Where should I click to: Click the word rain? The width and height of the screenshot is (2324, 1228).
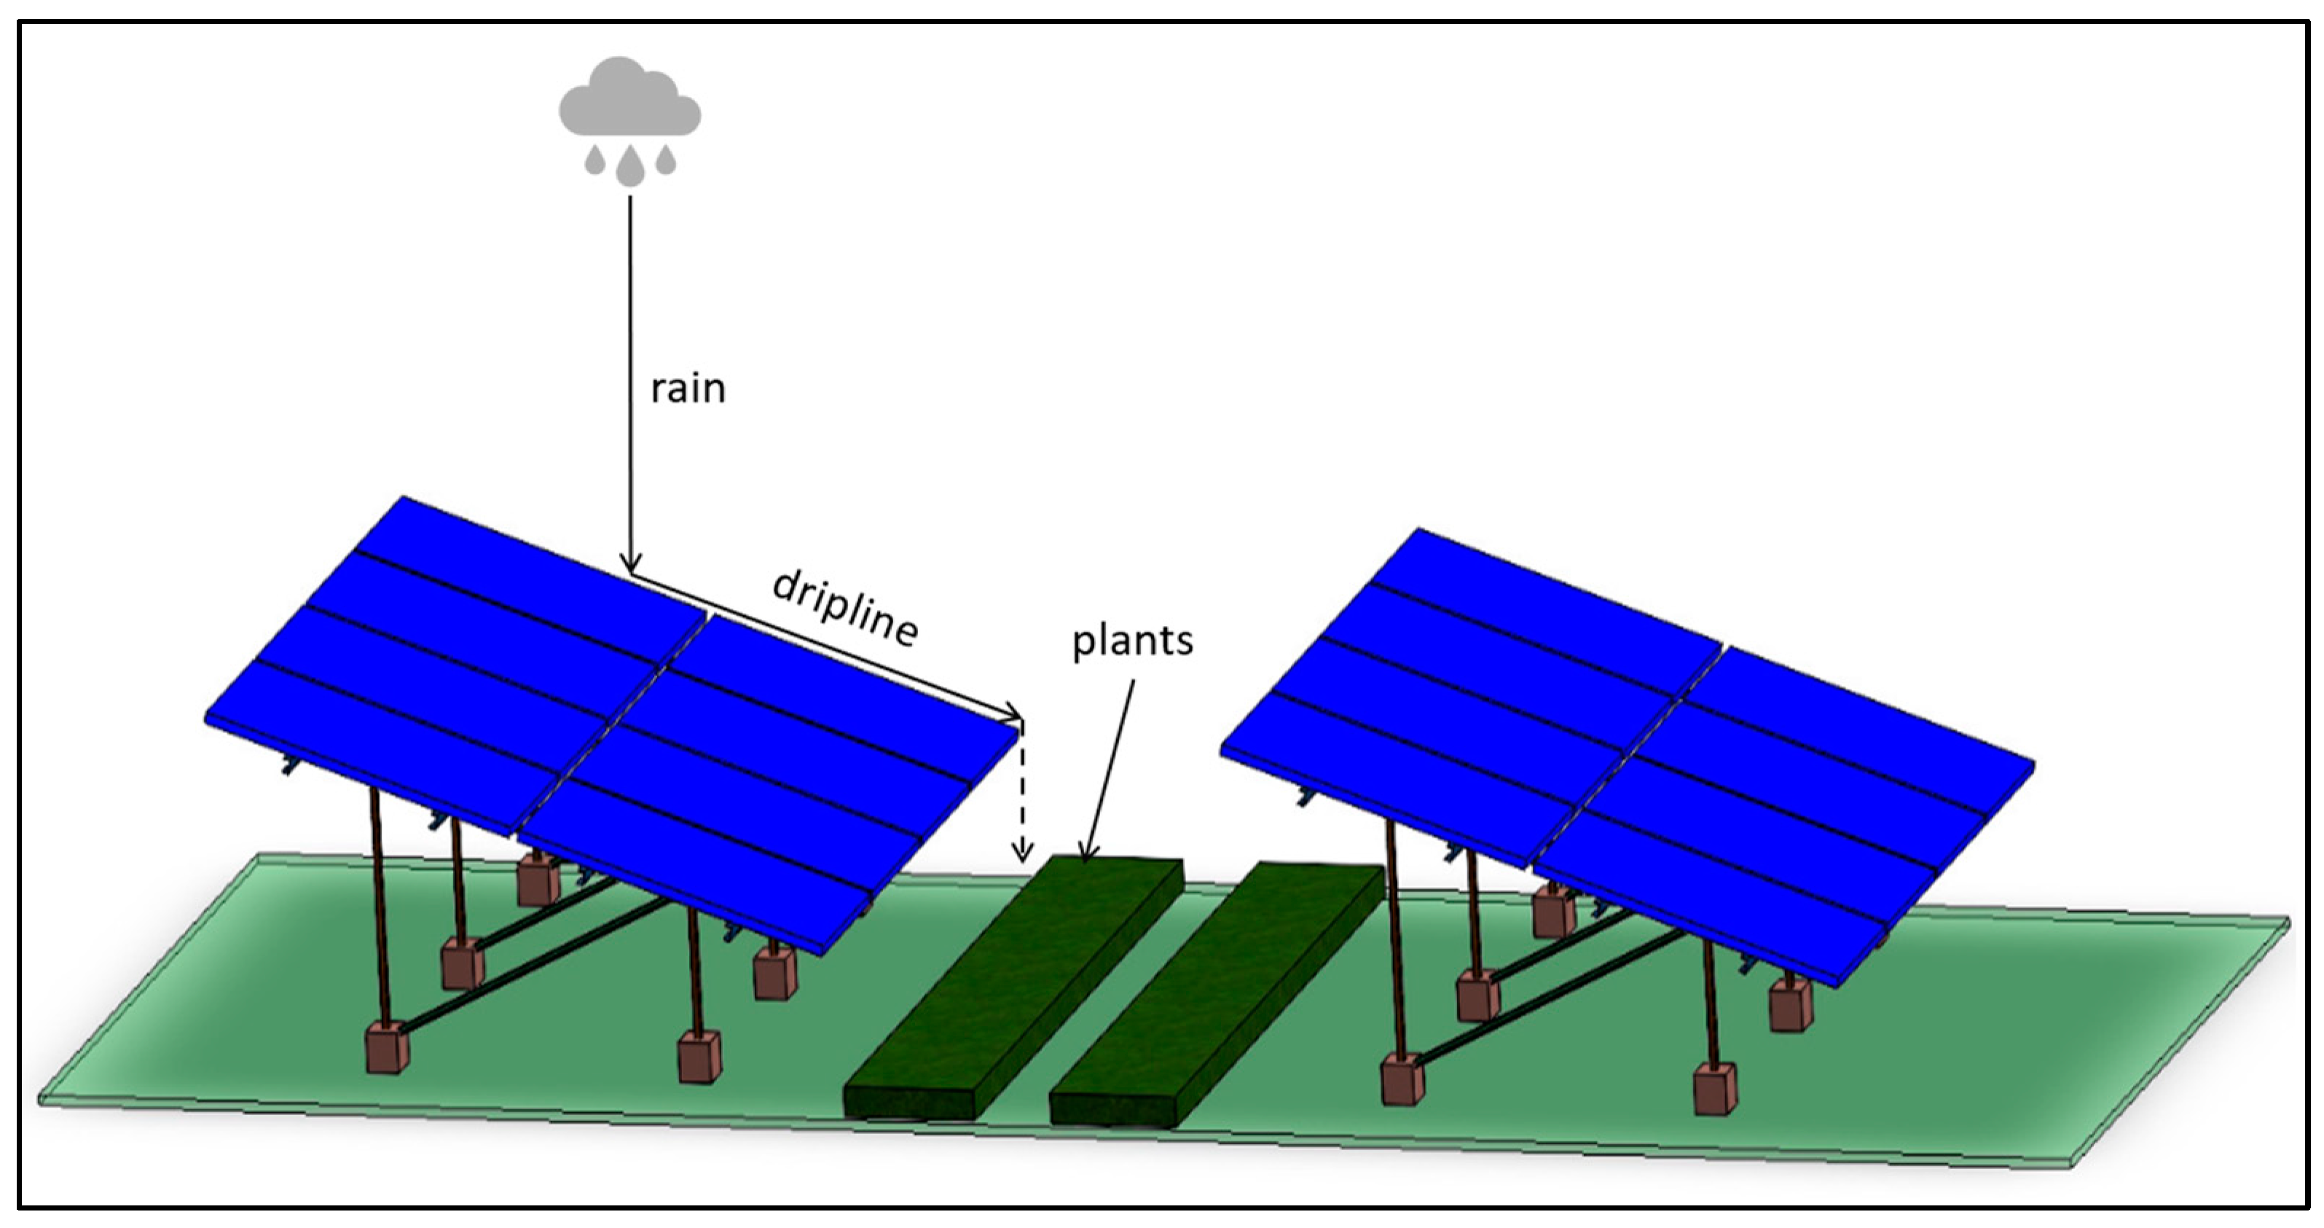coord(688,388)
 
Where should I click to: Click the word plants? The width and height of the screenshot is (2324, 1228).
coord(1132,641)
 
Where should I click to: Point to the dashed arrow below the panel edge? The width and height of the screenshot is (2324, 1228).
coord(1021,794)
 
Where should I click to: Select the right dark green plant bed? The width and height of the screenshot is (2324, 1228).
coord(1218,993)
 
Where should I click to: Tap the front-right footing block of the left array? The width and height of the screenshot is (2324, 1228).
coord(699,1057)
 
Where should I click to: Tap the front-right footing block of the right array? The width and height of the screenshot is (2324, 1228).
coord(1714,1090)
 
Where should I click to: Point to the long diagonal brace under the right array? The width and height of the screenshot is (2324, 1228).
coord(1552,997)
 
